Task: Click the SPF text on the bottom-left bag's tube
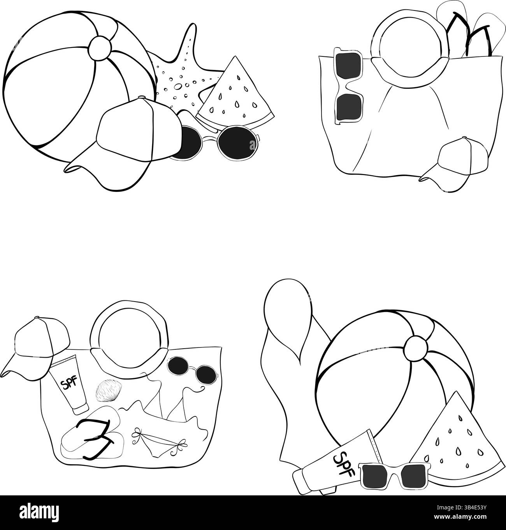coord(69,384)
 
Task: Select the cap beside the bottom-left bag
coord(35,344)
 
